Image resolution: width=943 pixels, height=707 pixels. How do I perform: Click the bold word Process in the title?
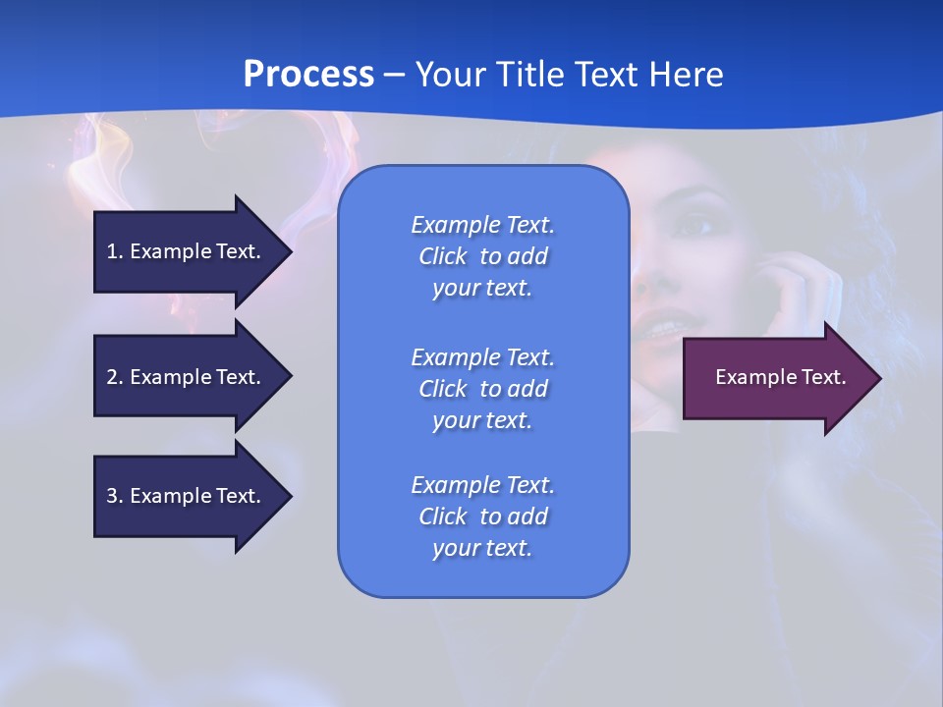click(308, 75)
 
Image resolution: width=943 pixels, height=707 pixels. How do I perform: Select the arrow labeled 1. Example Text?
click(187, 251)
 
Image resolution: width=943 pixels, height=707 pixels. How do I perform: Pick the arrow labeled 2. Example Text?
click(187, 377)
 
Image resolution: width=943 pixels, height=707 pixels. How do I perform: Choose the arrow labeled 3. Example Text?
click(187, 496)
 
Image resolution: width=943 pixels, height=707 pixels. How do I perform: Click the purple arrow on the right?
click(776, 378)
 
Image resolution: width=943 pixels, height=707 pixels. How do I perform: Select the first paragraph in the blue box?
click(483, 256)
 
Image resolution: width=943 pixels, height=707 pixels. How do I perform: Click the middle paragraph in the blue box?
click(483, 389)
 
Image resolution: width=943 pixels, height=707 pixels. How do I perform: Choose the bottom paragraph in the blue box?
click(483, 517)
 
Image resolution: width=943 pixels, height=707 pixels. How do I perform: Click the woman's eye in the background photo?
click(694, 226)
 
